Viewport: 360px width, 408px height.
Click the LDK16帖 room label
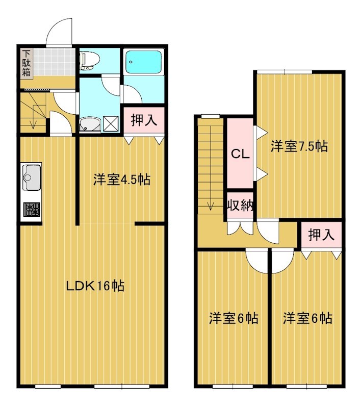coord(95,286)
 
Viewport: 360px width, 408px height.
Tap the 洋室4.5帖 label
coord(121,180)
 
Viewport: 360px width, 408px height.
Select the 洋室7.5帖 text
coord(299,146)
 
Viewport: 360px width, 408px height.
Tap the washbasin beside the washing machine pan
coord(90,124)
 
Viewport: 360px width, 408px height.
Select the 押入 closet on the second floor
coord(322,235)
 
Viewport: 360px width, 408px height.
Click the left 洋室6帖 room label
coord(233,318)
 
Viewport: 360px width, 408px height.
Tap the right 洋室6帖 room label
coord(307,318)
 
